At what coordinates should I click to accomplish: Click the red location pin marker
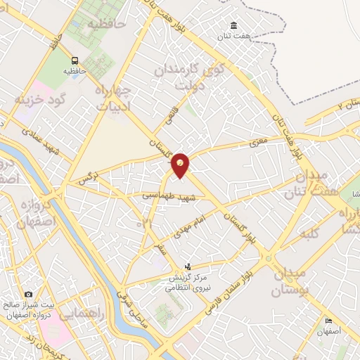click(181, 165)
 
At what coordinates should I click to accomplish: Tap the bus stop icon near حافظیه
click(75, 60)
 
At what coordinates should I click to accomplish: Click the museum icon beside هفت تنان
click(234, 26)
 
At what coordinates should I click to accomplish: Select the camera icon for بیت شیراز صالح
click(28, 294)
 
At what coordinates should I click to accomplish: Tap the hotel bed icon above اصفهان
click(328, 321)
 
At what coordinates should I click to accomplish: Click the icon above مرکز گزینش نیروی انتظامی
click(188, 267)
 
